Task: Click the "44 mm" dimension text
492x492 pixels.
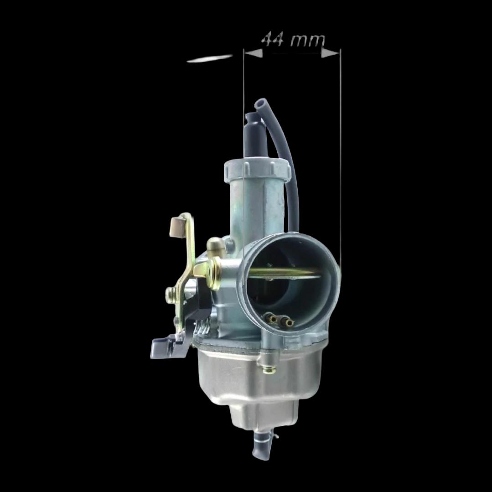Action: [293, 40]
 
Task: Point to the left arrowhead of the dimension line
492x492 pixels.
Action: [253, 54]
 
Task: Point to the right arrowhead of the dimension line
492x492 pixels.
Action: [331, 54]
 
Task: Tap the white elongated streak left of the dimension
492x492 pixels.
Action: [210, 59]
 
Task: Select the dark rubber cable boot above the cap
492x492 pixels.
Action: [255, 136]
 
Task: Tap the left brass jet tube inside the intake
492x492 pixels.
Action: [271, 318]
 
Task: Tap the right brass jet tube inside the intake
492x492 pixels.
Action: [287, 321]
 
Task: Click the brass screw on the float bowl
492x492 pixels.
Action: [269, 371]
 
